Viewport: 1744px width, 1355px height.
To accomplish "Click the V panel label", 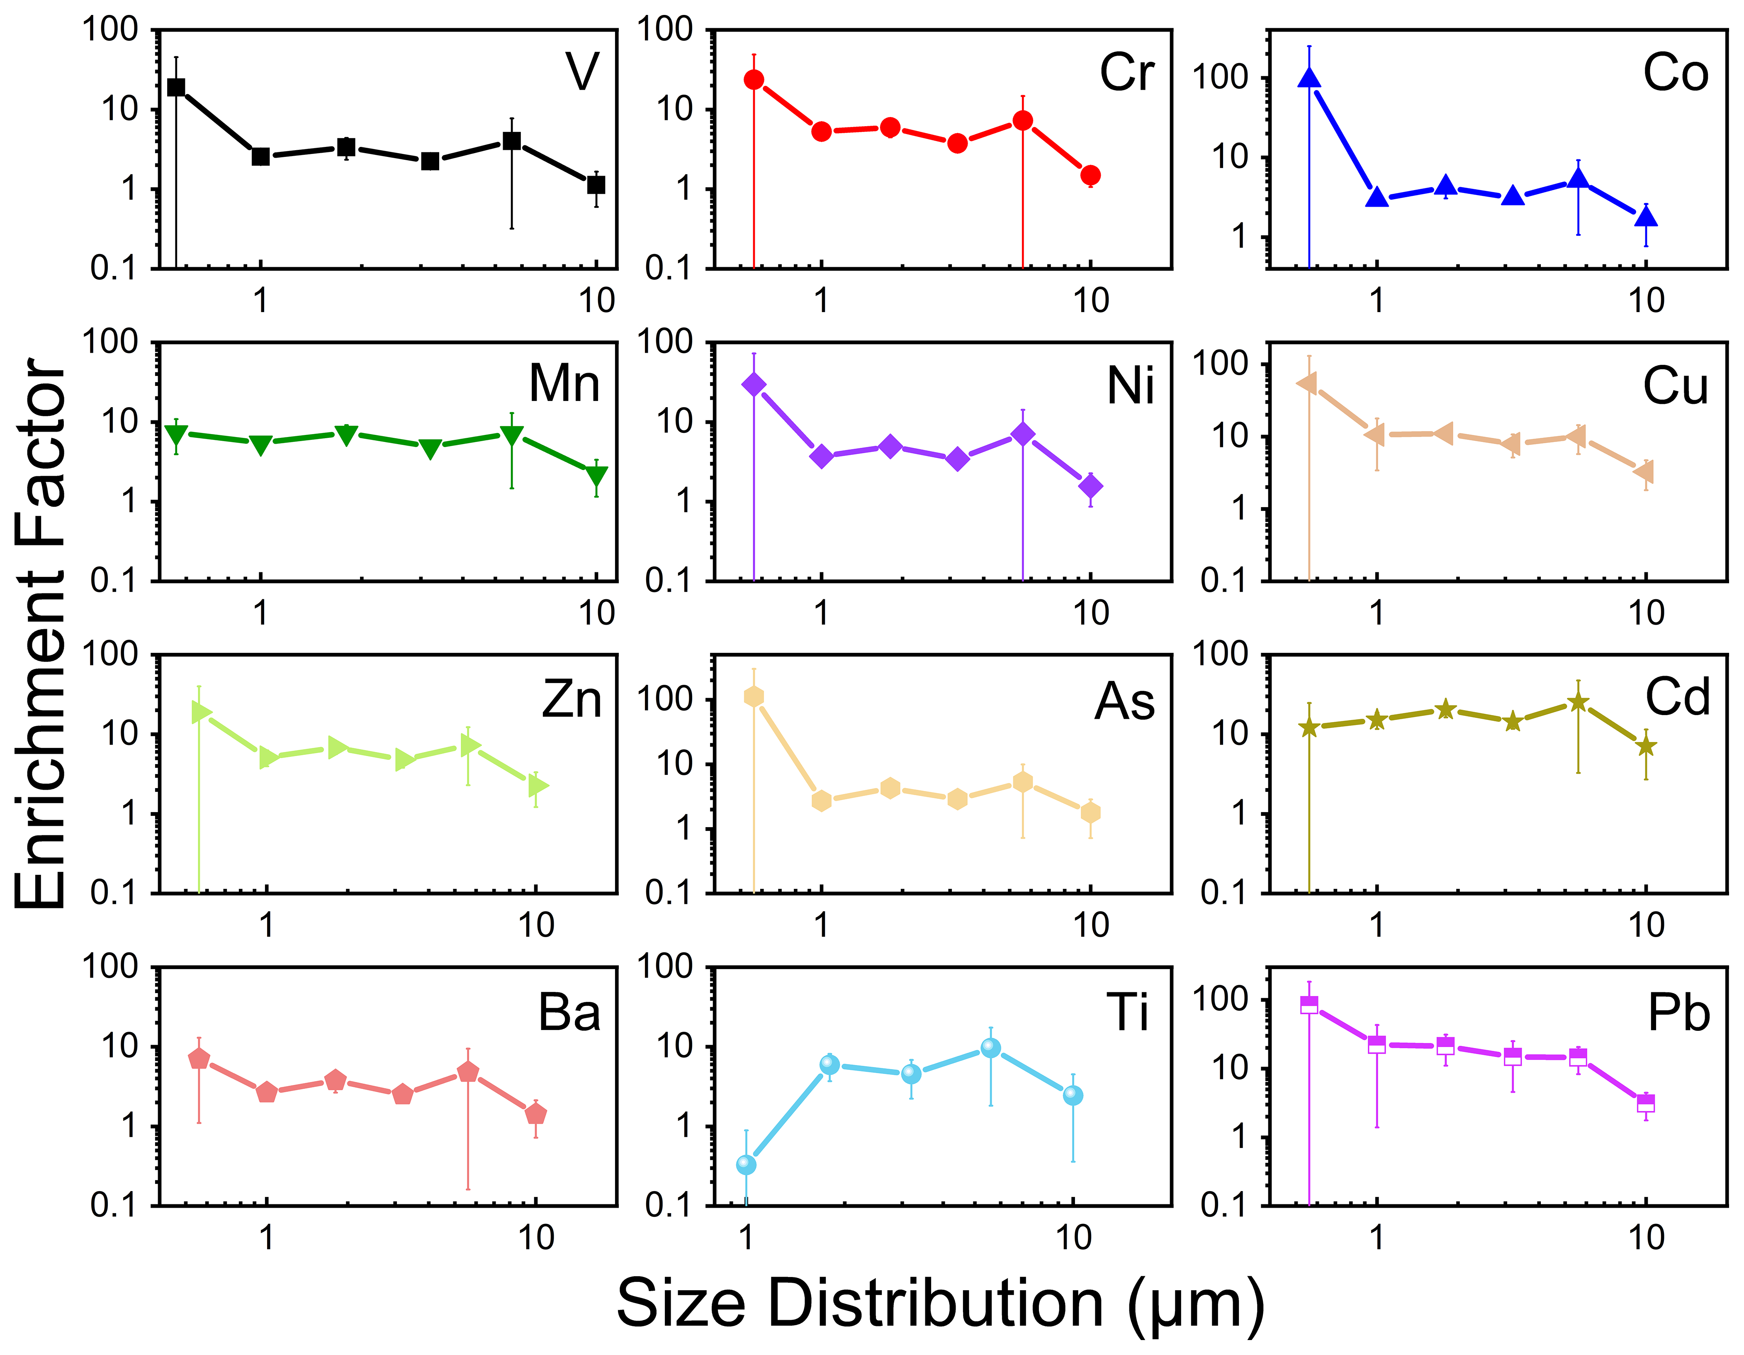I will (582, 72).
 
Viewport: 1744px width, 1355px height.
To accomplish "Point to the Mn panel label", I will (564, 383).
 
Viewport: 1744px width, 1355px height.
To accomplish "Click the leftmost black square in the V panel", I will (177, 87).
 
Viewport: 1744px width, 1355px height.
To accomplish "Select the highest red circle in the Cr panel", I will (754, 80).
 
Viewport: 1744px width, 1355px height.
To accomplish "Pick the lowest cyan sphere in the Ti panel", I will (746, 1165).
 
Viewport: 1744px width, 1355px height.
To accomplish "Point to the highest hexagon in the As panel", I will (754, 697).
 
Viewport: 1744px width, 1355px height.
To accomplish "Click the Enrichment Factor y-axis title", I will (40, 631).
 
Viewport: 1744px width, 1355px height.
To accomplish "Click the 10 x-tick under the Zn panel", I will (536, 925).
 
